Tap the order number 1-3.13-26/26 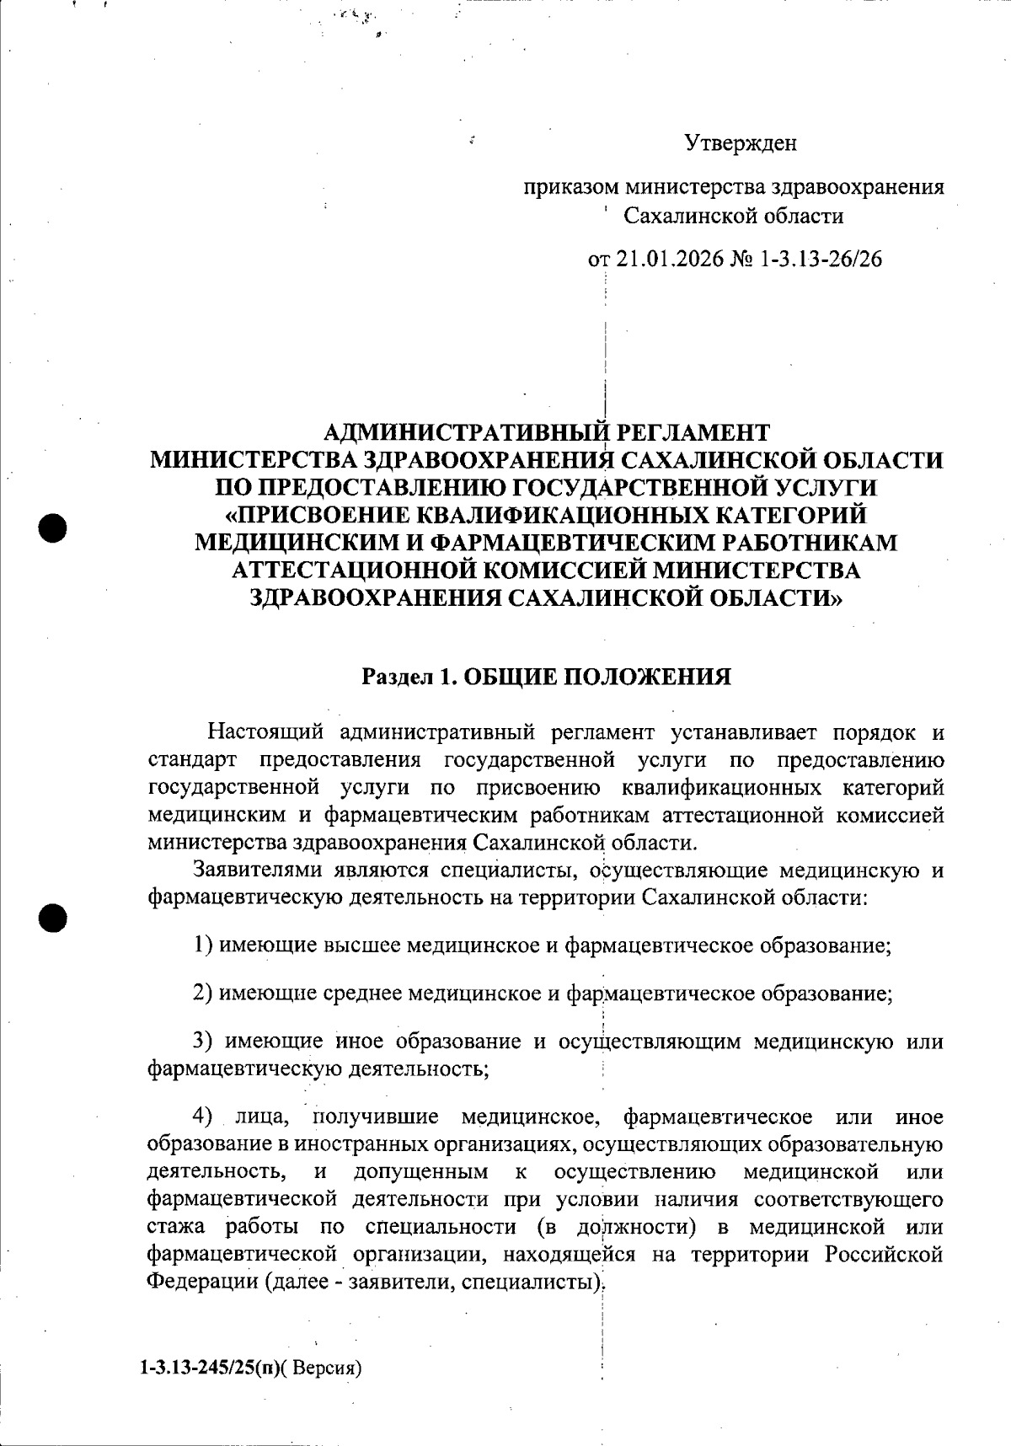821,259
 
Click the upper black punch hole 52,528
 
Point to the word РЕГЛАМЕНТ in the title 693,433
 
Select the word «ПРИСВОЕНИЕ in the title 315,515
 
